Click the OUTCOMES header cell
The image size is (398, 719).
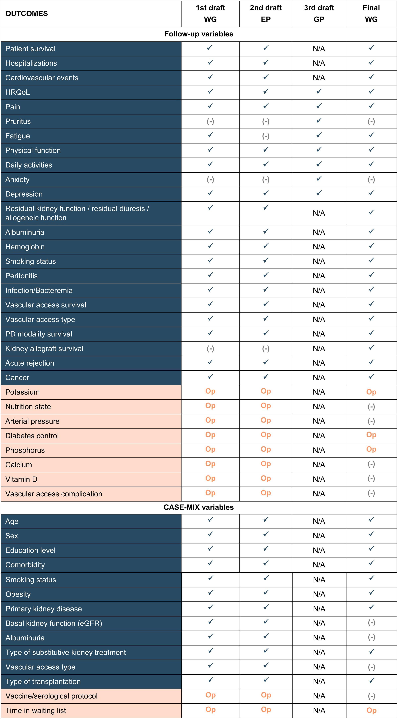26,14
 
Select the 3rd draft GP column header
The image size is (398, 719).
319,14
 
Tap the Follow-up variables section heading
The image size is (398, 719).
199,34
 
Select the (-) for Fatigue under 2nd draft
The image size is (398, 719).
266,136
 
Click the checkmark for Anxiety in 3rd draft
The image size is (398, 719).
319,179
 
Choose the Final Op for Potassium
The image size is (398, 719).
371,392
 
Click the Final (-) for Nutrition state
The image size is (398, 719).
371,407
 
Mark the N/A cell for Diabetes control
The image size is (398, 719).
319,436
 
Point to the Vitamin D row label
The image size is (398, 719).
21,479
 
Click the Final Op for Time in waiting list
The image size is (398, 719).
371,710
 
